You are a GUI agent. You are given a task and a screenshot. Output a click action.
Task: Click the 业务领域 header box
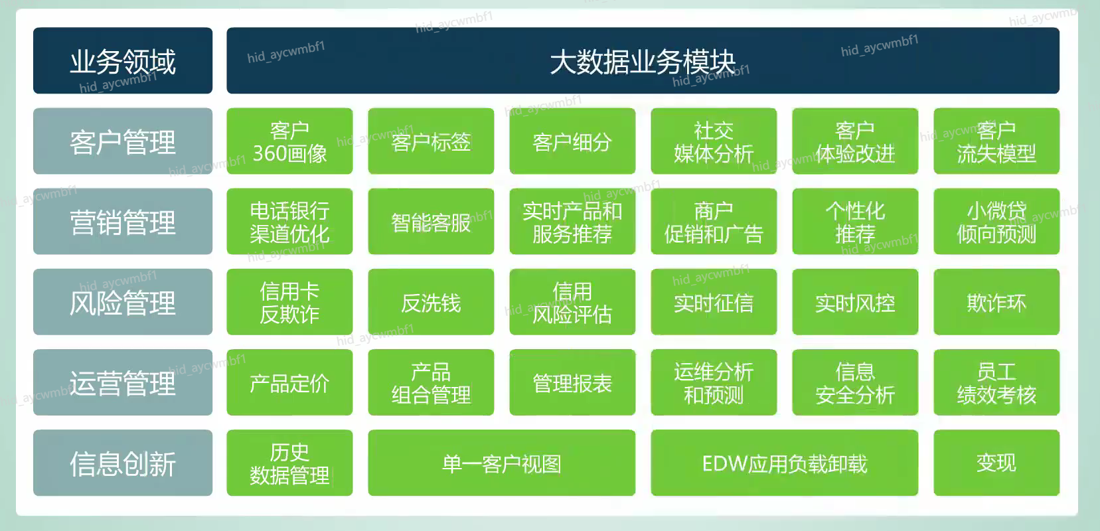[x=123, y=60]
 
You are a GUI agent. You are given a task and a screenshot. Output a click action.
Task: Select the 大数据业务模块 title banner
[x=643, y=60]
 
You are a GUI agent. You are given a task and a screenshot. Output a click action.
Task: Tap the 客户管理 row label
[x=123, y=141]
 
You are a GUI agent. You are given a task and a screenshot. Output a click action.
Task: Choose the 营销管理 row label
[x=123, y=222]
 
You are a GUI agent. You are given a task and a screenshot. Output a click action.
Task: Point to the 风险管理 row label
[x=123, y=302]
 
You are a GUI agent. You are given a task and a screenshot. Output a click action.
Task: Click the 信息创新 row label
[x=123, y=463]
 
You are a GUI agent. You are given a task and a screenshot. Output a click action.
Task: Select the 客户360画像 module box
[x=289, y=141]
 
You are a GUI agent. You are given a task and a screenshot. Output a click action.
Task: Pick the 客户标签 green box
[x=431, y=141]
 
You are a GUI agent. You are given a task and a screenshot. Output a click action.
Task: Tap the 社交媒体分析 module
[x=714, y=141]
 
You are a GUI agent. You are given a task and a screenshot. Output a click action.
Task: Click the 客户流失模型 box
[x=996, y=141]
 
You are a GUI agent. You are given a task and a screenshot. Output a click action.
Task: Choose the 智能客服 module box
[x=431, y=222]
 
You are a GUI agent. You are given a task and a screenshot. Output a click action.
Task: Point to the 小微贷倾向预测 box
[x=996, y=222]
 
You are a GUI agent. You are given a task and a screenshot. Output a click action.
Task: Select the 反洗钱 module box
[x=431, y=302]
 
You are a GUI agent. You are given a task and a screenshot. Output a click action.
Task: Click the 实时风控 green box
[x=855, y=302]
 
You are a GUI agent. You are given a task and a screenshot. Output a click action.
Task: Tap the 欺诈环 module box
[x=996, y=302]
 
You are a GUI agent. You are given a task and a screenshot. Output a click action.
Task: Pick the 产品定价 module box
[x=289, y=382]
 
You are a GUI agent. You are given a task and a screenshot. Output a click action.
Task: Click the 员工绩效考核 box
[x=996, y=382]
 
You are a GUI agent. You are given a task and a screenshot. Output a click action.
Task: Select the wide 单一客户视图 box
[x=501, y=463]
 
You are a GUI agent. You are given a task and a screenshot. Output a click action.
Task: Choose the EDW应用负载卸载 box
[x=784, y=463]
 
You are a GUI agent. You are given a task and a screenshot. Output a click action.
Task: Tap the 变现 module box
[x=996, y=463]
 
